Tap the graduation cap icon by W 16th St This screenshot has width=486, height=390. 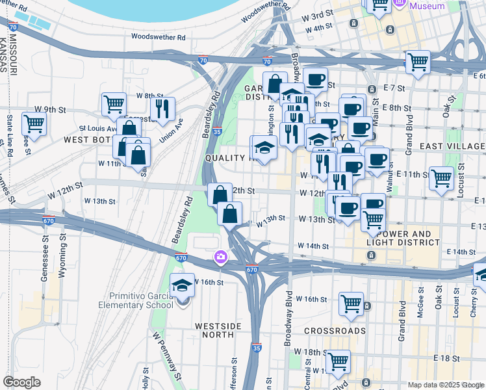[x=183, y=285]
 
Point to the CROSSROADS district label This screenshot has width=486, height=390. [x=335, y=331]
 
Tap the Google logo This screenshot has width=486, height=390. [x=22, y=382]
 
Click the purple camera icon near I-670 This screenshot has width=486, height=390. [x=221, y=257]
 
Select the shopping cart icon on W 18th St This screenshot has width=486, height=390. [x=339, y=361]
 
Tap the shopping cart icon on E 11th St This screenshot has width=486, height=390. [x=441, y=177]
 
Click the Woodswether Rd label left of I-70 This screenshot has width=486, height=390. [x=154, y=37]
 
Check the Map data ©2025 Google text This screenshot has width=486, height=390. [x=445, y=385]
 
